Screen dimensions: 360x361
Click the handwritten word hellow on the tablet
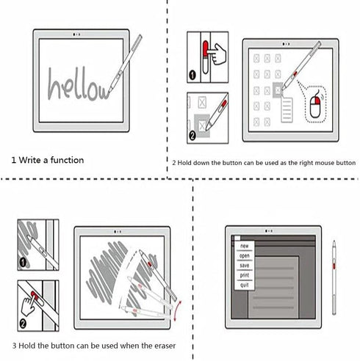pyautogui.click(x=79, y=84)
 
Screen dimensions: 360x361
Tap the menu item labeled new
pyautogui.click(x=245, y=246)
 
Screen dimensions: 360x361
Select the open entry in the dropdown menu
pyautogui.click(x=245, y=256)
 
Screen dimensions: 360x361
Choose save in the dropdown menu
pyautogui.click(x=245, y=266)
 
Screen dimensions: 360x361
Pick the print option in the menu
pyautogui.click(x=245, y=275)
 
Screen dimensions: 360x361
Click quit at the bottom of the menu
pyautogui.click(x=245, y=285)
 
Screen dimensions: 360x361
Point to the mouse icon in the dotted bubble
pyautogui.click(x=315, y=106)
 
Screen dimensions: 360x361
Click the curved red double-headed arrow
pyautogui.click(x=178, y=310)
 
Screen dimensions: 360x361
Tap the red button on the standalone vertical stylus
pyautogui.click(x=334, y=266)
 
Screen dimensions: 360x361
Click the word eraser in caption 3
pyautogui.click(x=165, y=346)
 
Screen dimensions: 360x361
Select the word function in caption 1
pyautogui.click(x=67, y=160)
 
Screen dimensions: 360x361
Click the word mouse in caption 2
pyautogui.click(x=323, y=163)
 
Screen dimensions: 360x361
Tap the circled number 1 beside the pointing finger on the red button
pyautogui.click(x=192, y=75)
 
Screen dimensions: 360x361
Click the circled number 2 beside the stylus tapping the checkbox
pyautogui.click(x=192, y=136)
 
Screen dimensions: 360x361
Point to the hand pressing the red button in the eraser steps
pyautogui.click(x=29, y=305)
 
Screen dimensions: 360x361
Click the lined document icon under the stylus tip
pyautogui.click(x=287, y=109)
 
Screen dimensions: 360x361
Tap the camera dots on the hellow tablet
pyautogui.click(x=76, y=34)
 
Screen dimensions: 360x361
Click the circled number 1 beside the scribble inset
pyautogui.click(x=23, y=263)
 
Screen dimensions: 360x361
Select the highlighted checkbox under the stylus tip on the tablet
pyautogui.click(x=278, y=90)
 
